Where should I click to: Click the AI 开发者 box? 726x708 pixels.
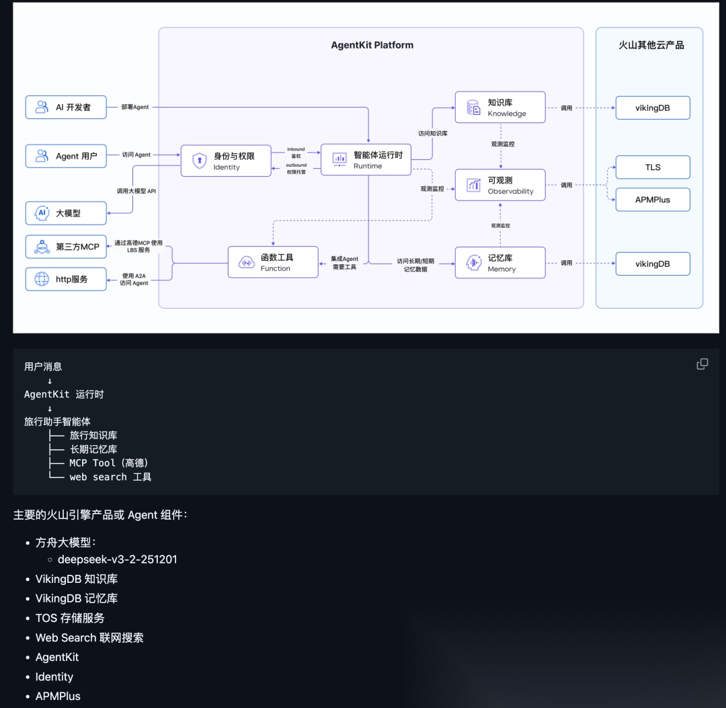tap(66, 108)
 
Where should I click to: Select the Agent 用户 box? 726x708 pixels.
tap(66, 156)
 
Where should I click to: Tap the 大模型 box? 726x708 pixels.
tap(66, 213)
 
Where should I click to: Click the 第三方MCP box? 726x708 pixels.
tap(66, 247)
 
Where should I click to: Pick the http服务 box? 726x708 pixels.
tap(66, 279)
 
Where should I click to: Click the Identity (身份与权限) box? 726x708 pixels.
tap(226, 161)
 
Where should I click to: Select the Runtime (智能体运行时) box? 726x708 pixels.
tap(366, 160)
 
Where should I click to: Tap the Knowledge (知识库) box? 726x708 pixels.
tap(499, 108)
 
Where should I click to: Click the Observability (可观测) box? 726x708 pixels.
tap(499, 185)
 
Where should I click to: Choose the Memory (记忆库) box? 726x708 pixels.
tap(499, 263)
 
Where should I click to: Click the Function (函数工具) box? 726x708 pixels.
tap(273, 262)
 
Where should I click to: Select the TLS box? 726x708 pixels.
tap(653, 167)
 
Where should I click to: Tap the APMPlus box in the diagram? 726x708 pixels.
tap(653, 200)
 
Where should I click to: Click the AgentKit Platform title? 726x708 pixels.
tap(372, 46)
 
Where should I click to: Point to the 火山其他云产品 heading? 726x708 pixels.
tap(651, 46)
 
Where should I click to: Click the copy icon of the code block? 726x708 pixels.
tap(702, 364)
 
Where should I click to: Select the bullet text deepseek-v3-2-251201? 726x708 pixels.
tap(118, 559)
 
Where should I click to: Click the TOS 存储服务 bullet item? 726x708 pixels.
tap(70, 618)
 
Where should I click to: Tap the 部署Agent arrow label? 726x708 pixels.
tap(135, 107)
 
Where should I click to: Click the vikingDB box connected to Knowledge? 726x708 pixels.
tap(653, 108)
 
